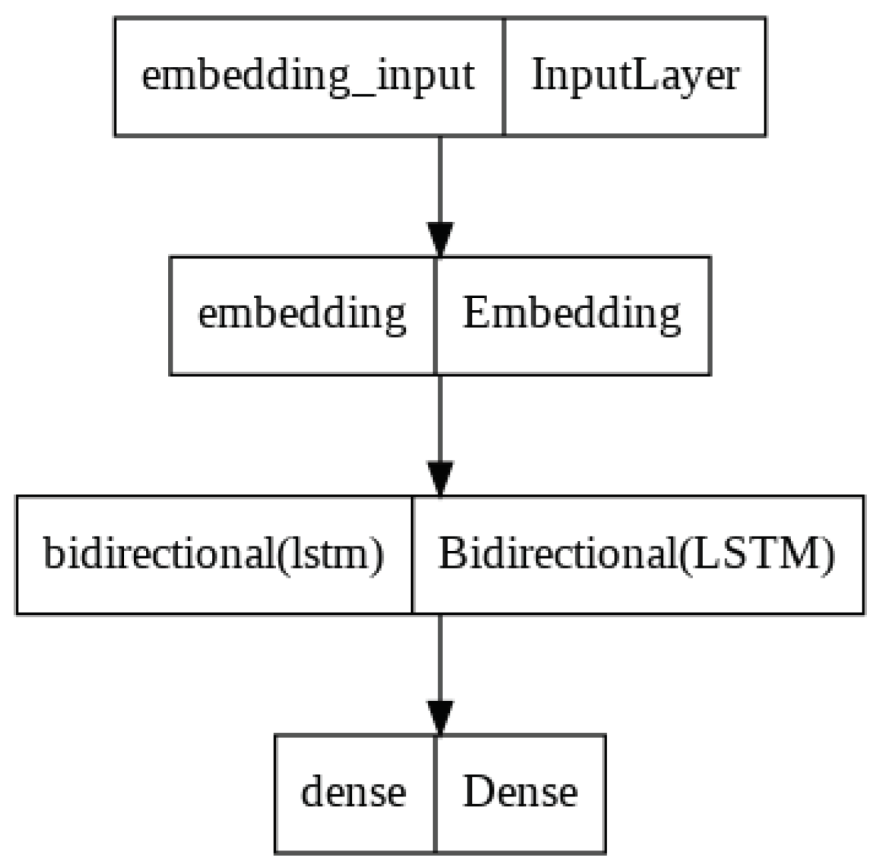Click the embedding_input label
pos(308,76)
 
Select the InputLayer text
pos(635,76)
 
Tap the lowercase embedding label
pos(302,314)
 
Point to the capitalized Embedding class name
pos(571,314)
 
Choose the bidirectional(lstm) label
pos(213,554)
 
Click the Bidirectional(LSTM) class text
pos(637,554)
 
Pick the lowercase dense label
pos(353,793)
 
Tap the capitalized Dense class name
pos(520,793)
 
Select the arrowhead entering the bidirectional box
pos(440,478)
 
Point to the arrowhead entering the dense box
pos(440,717)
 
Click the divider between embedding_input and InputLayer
pos(503,76)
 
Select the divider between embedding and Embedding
pos(436,315)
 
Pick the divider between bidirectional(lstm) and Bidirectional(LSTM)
pos(413,554)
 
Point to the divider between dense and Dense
pos(436,793)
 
